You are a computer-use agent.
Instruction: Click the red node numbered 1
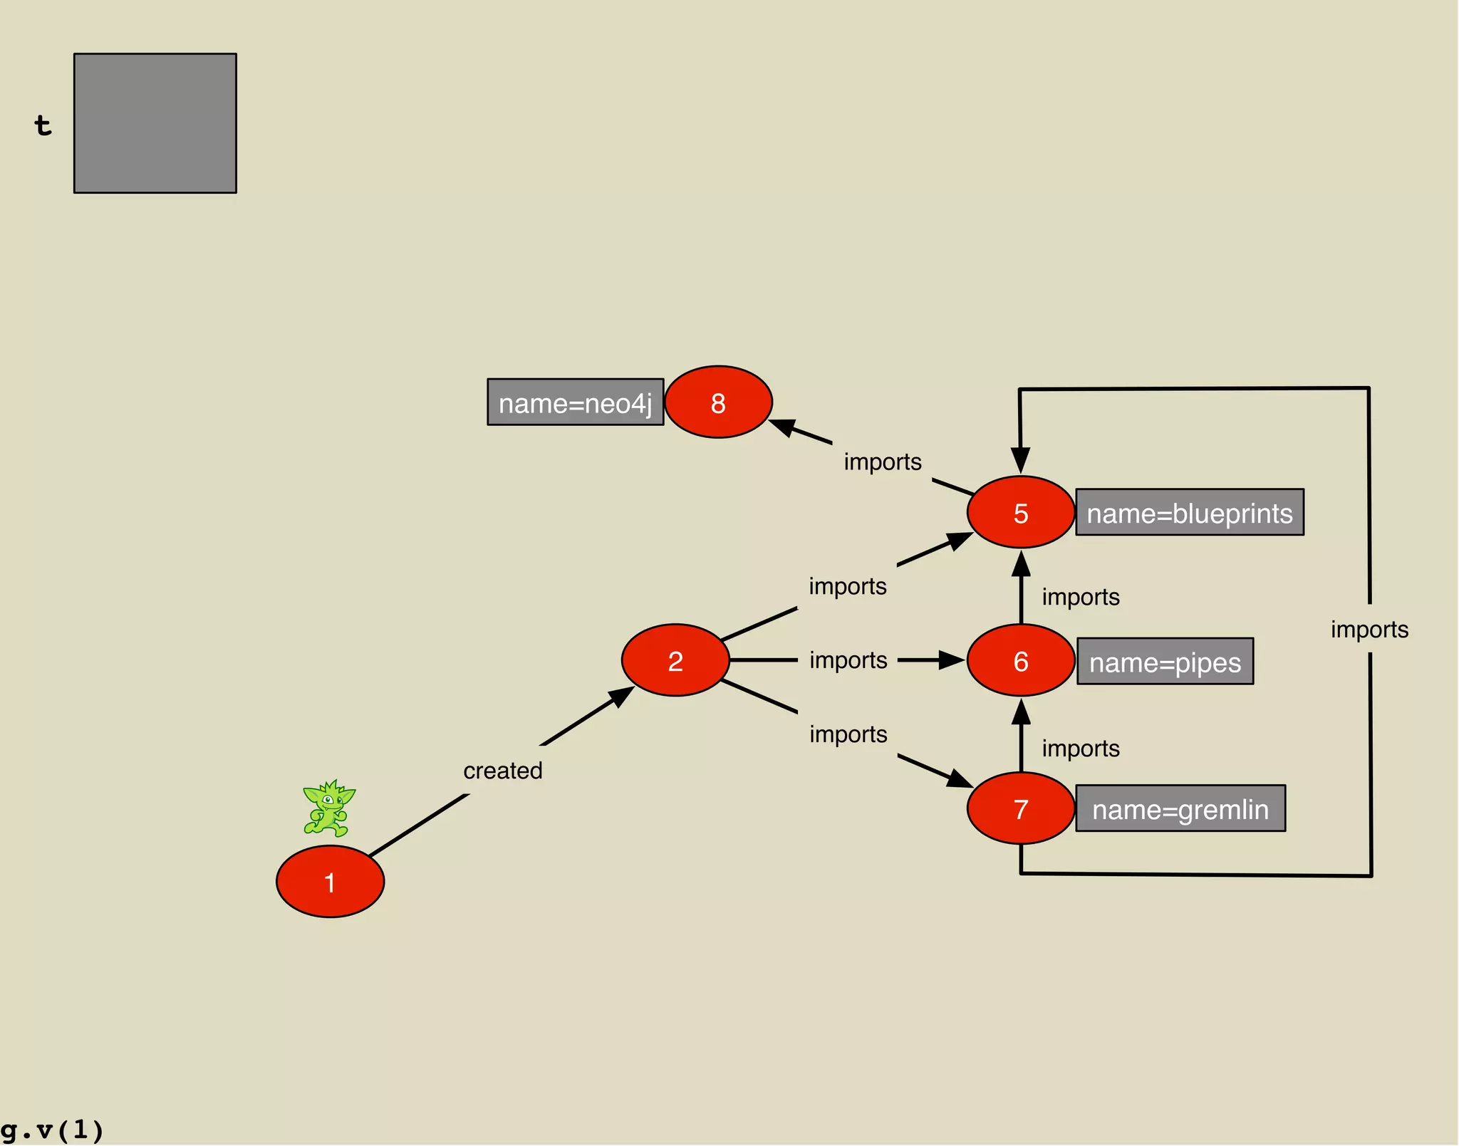(330, 881)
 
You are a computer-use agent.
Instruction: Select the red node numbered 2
(675, 660)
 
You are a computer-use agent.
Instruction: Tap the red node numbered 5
(1020, 512)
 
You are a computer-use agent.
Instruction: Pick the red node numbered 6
(1020, 660)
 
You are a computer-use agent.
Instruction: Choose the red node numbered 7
(1020, 808)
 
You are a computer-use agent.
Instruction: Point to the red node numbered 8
(718, 402)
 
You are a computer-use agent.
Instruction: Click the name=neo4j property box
(575, 402)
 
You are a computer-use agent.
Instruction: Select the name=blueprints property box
(1189, 512)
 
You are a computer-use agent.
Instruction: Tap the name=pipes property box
(1165, 662)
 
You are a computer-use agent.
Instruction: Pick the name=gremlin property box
(1180, 808)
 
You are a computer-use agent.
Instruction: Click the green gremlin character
(328, 808)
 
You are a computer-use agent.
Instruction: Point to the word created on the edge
(503, 770)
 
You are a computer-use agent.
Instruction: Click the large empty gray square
(155, 123)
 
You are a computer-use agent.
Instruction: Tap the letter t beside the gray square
(43, 125)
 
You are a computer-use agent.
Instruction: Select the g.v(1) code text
(52, 1130)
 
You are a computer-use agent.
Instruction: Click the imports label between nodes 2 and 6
(848, 660)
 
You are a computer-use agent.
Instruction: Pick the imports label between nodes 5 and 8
(883, 462)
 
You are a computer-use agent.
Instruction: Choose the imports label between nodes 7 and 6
(1081, 749)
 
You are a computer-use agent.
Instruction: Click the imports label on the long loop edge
(1369, 629)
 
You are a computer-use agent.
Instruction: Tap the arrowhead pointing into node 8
(784, 427)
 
